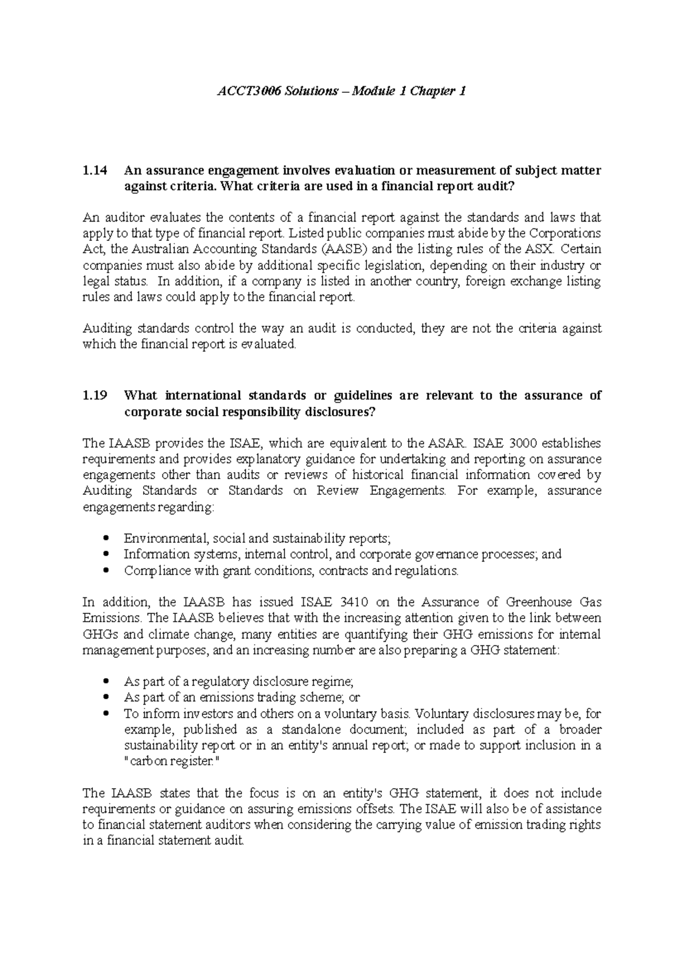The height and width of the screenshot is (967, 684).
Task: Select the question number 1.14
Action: (x=94, y=170)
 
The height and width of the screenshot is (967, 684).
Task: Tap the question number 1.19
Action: (x=94, y=396)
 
